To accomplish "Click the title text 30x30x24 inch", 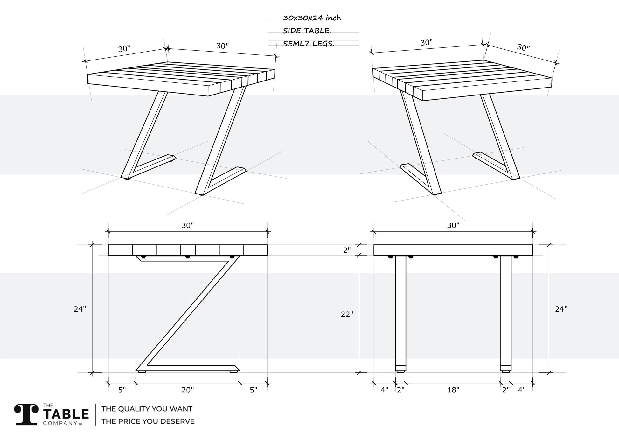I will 312,18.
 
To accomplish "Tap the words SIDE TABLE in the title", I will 307,31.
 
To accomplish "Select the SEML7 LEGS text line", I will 308,44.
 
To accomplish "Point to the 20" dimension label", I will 188,390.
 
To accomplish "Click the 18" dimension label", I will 453,390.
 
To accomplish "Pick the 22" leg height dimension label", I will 347,314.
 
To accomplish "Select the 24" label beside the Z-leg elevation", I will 80,309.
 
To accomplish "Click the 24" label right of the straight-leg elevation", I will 561,309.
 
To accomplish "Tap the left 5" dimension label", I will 122,390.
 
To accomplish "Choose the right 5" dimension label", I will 253,390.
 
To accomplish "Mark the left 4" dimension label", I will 385,390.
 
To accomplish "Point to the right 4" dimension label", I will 522,390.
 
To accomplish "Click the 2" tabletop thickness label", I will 347,251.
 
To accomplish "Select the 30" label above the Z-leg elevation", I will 188,225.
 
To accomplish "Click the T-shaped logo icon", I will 26,415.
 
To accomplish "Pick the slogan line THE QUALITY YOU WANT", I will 147,409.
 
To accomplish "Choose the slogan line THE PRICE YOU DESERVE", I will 148,421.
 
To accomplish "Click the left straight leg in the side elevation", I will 400,312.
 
